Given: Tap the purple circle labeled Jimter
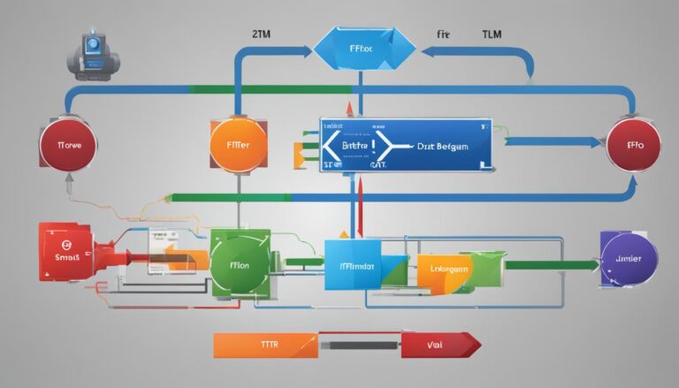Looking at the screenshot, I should coord(627,259).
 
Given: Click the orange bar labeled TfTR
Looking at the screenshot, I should coord(265,346).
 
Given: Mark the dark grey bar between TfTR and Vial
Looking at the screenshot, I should coord(359,346).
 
